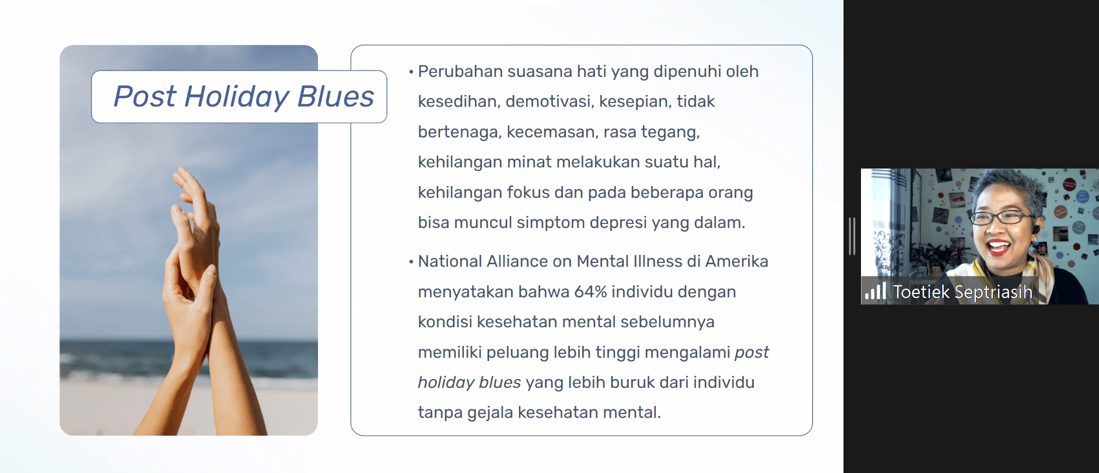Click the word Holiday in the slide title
tap(237, 97)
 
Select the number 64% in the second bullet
tap(590, 291)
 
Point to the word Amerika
tap(737, 261)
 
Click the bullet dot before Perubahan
tap(411, 72)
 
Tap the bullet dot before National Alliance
tap(411, 262)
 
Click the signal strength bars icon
tap(875, 290)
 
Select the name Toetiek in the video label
tap(921, 292)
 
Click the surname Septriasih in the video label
tap(993, 292)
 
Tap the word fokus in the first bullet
tap(528, 192)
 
